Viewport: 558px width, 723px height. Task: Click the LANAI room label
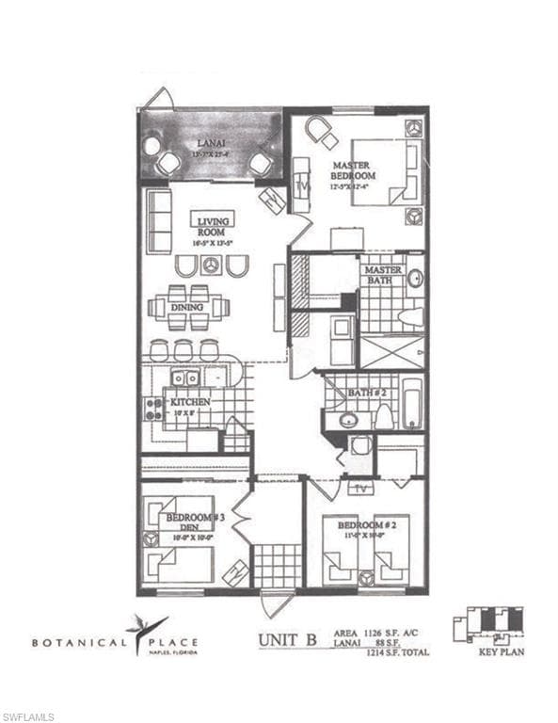[210, 142]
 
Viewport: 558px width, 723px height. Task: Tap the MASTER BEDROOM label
[354, 170]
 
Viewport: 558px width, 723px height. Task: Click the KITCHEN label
[191, 402]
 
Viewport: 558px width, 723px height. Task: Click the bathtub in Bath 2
[412, 404]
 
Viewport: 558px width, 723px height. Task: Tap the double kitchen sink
[183, 378]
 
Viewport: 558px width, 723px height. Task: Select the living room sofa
[158, 220]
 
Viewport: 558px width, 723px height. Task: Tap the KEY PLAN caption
[501, 651]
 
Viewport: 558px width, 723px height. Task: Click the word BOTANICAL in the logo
[79, 644]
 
